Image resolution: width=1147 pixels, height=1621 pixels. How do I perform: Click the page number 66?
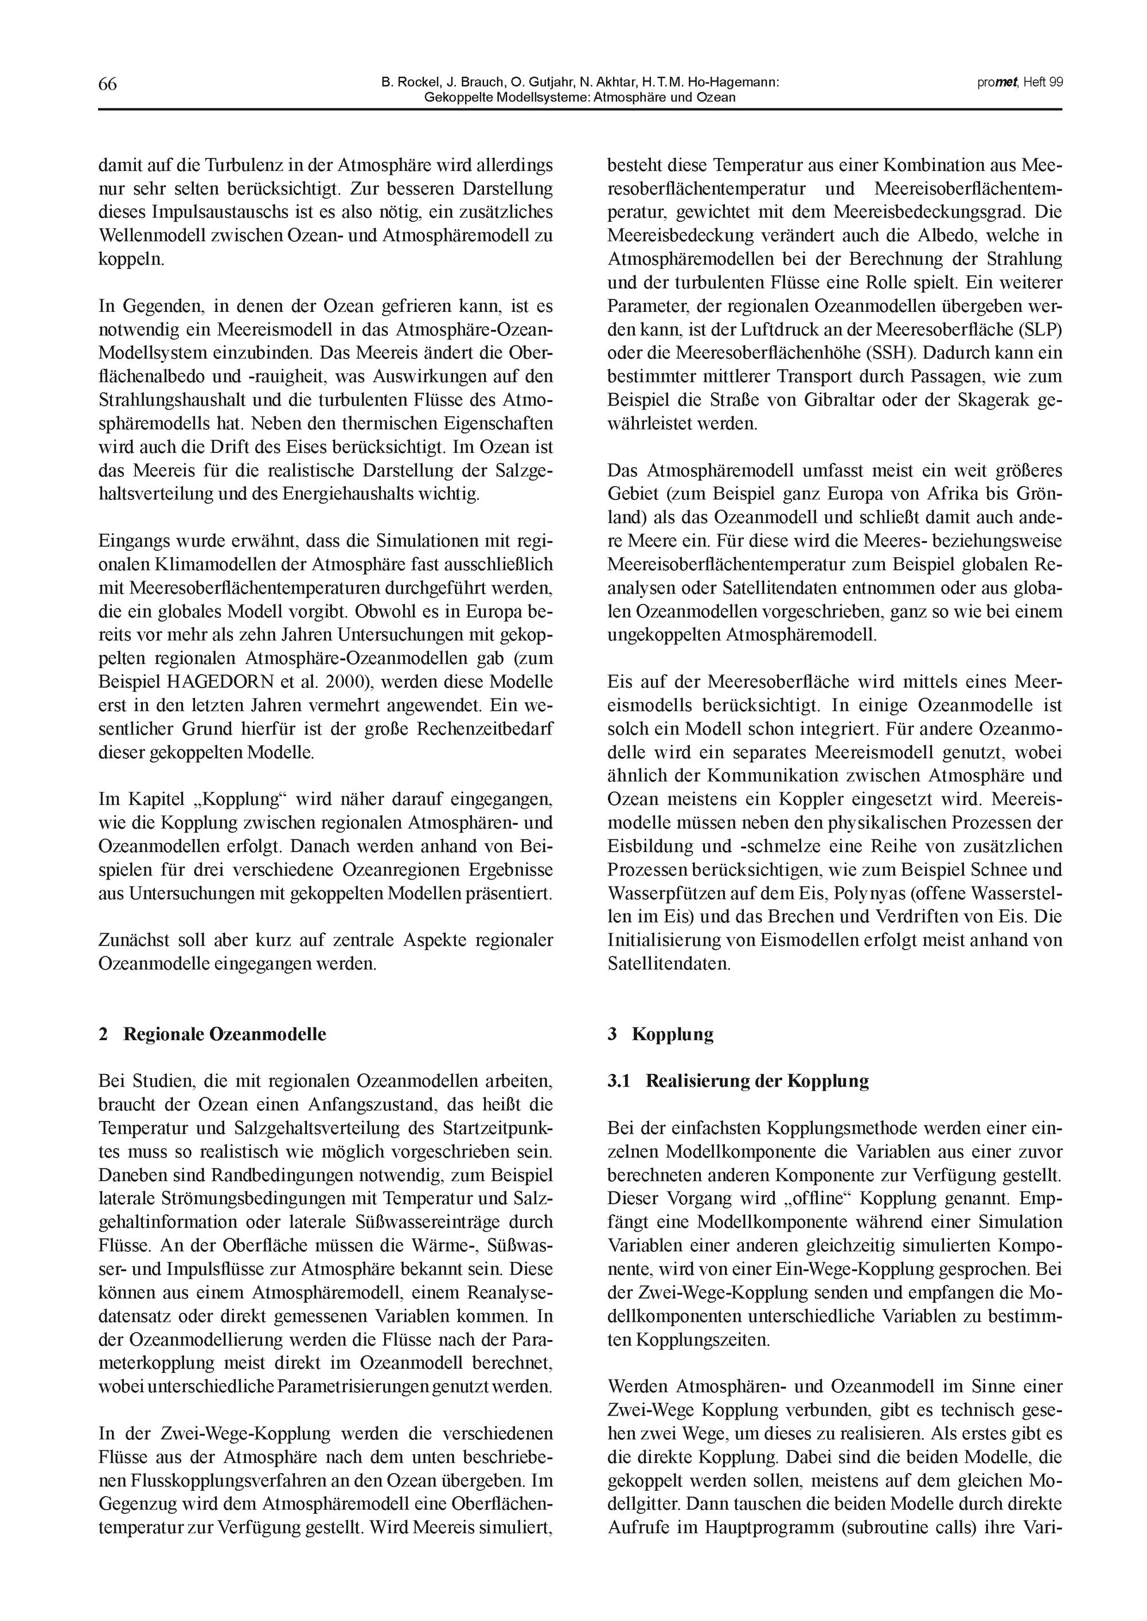(107, 84)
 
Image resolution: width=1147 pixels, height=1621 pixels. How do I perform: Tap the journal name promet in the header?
(997, 82)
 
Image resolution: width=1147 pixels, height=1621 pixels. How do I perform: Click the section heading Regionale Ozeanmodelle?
(225, 1034)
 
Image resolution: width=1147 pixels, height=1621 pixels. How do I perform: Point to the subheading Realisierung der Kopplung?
(757, 1081)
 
